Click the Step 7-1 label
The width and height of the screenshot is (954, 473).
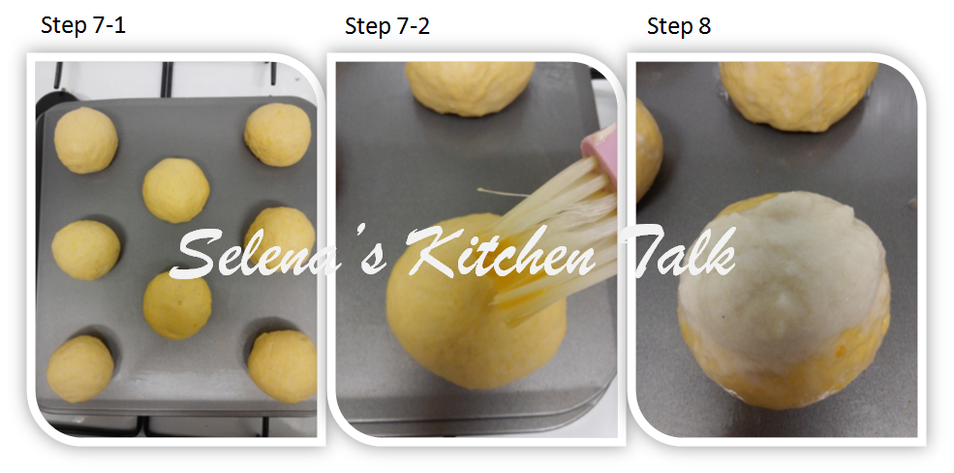[83, 26]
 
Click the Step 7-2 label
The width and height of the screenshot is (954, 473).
[387, 26]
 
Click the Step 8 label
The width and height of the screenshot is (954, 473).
[679, 26]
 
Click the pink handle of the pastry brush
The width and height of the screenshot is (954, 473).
[600, 155]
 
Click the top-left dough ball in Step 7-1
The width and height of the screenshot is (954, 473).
[85, 140]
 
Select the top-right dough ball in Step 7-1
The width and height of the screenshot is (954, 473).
[278, 135]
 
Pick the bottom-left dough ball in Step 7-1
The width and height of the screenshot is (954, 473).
[80, 368]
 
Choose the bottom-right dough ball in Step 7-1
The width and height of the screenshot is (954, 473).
[282, 364]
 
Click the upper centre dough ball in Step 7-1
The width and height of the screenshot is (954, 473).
[175, 190]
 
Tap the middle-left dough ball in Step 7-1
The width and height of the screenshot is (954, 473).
[85, 250]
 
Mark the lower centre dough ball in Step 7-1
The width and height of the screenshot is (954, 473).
[177, 303]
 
